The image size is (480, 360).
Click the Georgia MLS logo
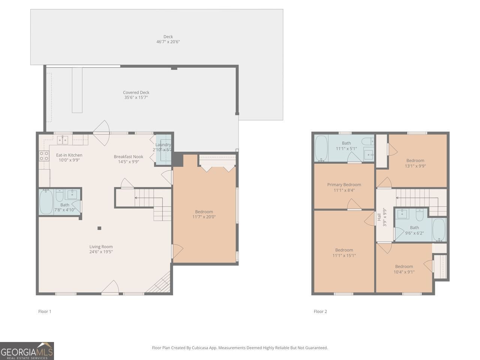(27, 351)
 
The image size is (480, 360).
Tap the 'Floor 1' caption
(45, 311)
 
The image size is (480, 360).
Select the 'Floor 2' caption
(320, 311)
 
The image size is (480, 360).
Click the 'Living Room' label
(101, 247)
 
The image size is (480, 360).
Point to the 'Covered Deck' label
(136, 93)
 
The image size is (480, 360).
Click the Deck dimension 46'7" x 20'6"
(168, 42)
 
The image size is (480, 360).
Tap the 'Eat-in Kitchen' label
(69, 155)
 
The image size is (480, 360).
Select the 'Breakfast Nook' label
(128, 157)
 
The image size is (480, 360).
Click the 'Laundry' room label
(163, 145)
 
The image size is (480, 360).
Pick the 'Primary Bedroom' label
(344, 184)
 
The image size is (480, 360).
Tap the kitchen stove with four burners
(44, 156)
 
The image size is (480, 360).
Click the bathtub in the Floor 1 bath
(46, 202)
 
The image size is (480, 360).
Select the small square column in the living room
(99, 228)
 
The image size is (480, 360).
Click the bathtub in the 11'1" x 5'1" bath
(321, 148)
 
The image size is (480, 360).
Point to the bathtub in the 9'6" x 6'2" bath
(438, 229)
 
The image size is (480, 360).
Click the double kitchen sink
(63, 140)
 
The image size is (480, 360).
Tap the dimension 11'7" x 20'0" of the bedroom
(204, 217)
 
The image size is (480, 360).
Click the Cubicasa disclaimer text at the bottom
(240, 348)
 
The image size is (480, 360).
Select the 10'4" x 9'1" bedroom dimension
(404, 272)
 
